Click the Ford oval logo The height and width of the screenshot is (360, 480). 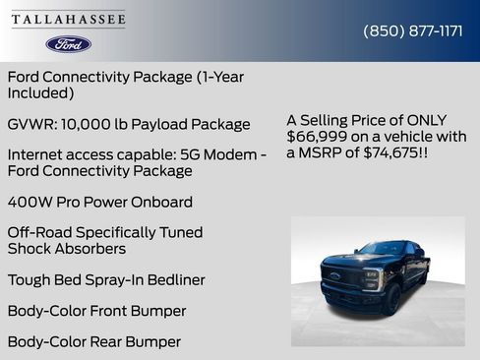pos(69,44)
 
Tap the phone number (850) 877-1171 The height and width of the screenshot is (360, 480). pos(413,30)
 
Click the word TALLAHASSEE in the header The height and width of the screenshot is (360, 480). pos(69,20)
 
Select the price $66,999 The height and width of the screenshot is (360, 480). pos(316,136)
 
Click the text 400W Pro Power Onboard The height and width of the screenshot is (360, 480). pos(99,202)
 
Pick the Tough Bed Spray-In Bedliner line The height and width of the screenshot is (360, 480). pos(106,279)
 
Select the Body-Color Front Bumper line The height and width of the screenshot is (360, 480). pos(96,311)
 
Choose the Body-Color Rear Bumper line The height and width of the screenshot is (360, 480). pos(94,341)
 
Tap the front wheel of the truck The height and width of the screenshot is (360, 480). pos(390,299)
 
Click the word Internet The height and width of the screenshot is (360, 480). pos(37,154)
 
